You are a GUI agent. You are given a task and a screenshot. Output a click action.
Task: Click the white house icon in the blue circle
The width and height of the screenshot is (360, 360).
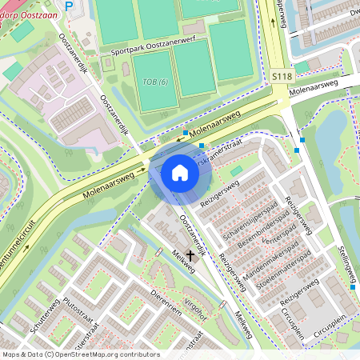click(180, 172)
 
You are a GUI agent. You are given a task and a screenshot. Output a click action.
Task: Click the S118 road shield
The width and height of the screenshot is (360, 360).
click(282, 76)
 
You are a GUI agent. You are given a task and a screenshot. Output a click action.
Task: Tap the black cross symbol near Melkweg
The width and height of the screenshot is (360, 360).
click(190, 256)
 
